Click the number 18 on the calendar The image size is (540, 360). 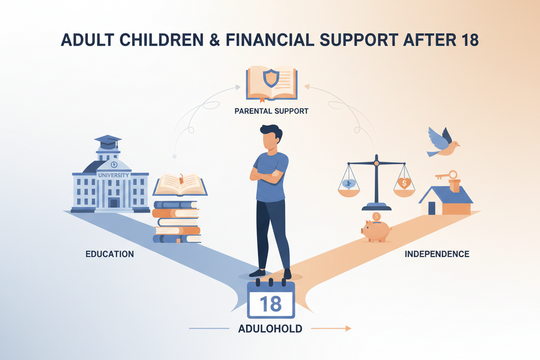coord(270,304)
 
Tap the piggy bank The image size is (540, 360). coord(376,231)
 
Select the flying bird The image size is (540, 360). coord(442,142)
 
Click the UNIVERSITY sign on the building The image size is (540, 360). coord(113,175)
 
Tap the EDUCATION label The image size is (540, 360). coord(109,254)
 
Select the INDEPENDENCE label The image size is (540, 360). coord(437,254)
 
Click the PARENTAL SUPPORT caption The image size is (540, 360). coord(271,111)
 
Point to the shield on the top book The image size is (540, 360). coord(271,78)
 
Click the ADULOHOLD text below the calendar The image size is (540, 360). coord(270,329)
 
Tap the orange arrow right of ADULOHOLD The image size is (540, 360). coord(331,329)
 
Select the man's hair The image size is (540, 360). coord(271,133)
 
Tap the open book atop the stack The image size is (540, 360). coord(180,185)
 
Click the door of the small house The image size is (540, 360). coord(432,208)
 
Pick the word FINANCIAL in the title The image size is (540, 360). coord(270,40)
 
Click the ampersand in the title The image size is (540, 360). coord(215,40)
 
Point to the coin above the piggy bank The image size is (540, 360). coord(376,217)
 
